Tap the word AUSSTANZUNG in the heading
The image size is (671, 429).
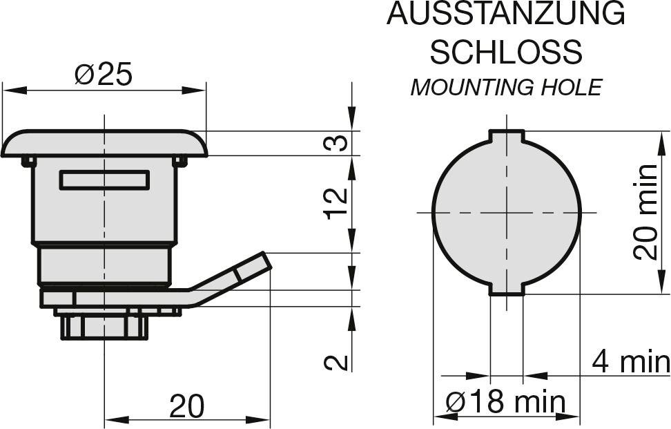[x=506, y=14]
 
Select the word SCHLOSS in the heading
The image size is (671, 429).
[x=506, y=52]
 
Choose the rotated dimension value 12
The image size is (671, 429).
[x=337, y=203]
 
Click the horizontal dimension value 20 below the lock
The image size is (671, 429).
[x=187, y=406]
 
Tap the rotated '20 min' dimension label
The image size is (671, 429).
[x=645, y=212]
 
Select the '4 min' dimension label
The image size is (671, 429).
[x=631, y=362]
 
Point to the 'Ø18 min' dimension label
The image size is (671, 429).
[x=505, y=402]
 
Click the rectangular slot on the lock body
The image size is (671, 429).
[x=104, y=180]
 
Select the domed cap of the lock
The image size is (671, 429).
[x=104, y=144]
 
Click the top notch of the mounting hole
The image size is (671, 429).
[x=507, y=135]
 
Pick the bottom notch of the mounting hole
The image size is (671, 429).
[x=507, y=289]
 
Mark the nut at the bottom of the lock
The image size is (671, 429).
[x=105, y=327]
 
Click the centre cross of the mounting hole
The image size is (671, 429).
[x=507, y=212]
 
